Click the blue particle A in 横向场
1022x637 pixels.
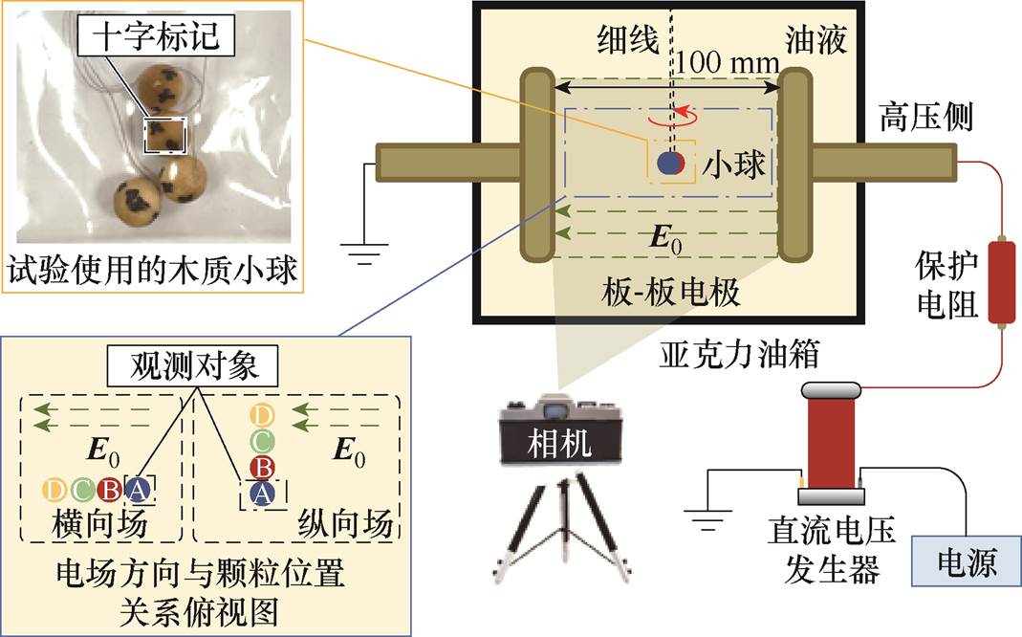click(x=139, y=491)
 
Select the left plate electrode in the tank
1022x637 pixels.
click(x=537, y=165)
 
